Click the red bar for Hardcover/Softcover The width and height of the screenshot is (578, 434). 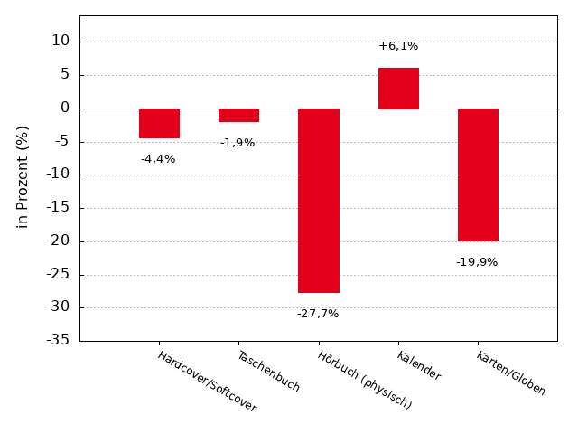pyautogui.click(x=159, y=123)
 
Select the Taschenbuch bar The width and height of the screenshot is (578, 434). pyautogui.click(x=238, y=115)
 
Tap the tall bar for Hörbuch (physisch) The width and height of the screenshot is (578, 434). pyautogui.click(x=319, y=201)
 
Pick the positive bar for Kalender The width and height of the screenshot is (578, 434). pyautogui.click(x=398, y=88)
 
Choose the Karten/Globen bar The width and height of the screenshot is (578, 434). pyautogui.click(x=478, y=175)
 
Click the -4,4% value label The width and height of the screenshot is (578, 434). pyautogui.click(x=158, y=159)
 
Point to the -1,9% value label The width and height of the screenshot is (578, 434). pyautogui.click(x=238, y=143)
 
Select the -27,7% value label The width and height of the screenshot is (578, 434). pyautogui.click(x=318, y=314)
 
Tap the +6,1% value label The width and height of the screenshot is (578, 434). pyautogui.click(x=398, y=46)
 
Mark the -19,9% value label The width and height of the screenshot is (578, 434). pyautogui.click(x=477, y=262)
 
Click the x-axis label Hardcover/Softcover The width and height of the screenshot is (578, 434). pyautogui.click(x=207, y=382)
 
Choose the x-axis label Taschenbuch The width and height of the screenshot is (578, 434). pyautogui.click(x=268, y=371)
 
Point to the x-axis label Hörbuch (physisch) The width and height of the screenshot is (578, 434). pyautogui.click(x=364, y=380)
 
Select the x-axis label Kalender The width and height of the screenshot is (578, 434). pyautogui.click(x=419, y=365)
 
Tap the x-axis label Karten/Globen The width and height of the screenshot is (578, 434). pyautogui.click(x=511, y=373)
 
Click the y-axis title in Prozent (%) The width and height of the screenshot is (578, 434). pyautogui.click(x=23, y=176)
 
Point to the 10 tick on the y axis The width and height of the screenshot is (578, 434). pyautogui.click(x=61, y=42)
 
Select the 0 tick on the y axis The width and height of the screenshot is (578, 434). pyautogui.click(x=65, y=108)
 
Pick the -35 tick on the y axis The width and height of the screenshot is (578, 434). pyautogui.click(x=58, y=341)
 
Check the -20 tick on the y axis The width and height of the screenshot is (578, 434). pyautogui.click(x=58, y=241)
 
